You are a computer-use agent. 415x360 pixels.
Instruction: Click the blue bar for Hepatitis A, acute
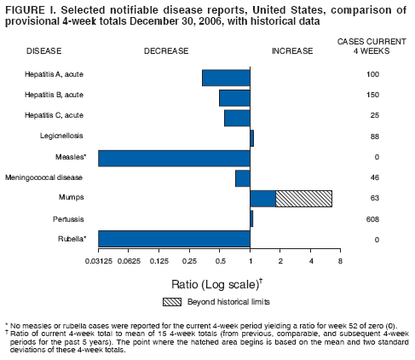[226, 78]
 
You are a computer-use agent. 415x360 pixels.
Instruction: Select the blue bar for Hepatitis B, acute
[234, 97]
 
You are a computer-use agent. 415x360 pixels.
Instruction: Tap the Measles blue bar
[174, 159]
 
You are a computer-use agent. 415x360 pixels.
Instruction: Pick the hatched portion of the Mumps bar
[303, 198]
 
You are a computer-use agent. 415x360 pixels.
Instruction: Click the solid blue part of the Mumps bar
[262, 198]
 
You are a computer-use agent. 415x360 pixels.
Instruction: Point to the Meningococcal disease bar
[242, 178]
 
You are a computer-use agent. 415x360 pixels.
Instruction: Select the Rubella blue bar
[174, 239]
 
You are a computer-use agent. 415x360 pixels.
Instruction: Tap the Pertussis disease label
[64, 219]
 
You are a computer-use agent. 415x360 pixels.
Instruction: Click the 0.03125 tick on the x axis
[99, 259]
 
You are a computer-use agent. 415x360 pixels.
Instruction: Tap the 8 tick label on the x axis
[340, 259]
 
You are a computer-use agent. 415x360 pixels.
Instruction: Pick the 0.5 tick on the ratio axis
[220, 259]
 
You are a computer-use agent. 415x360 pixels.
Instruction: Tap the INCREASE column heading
[291, 52]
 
